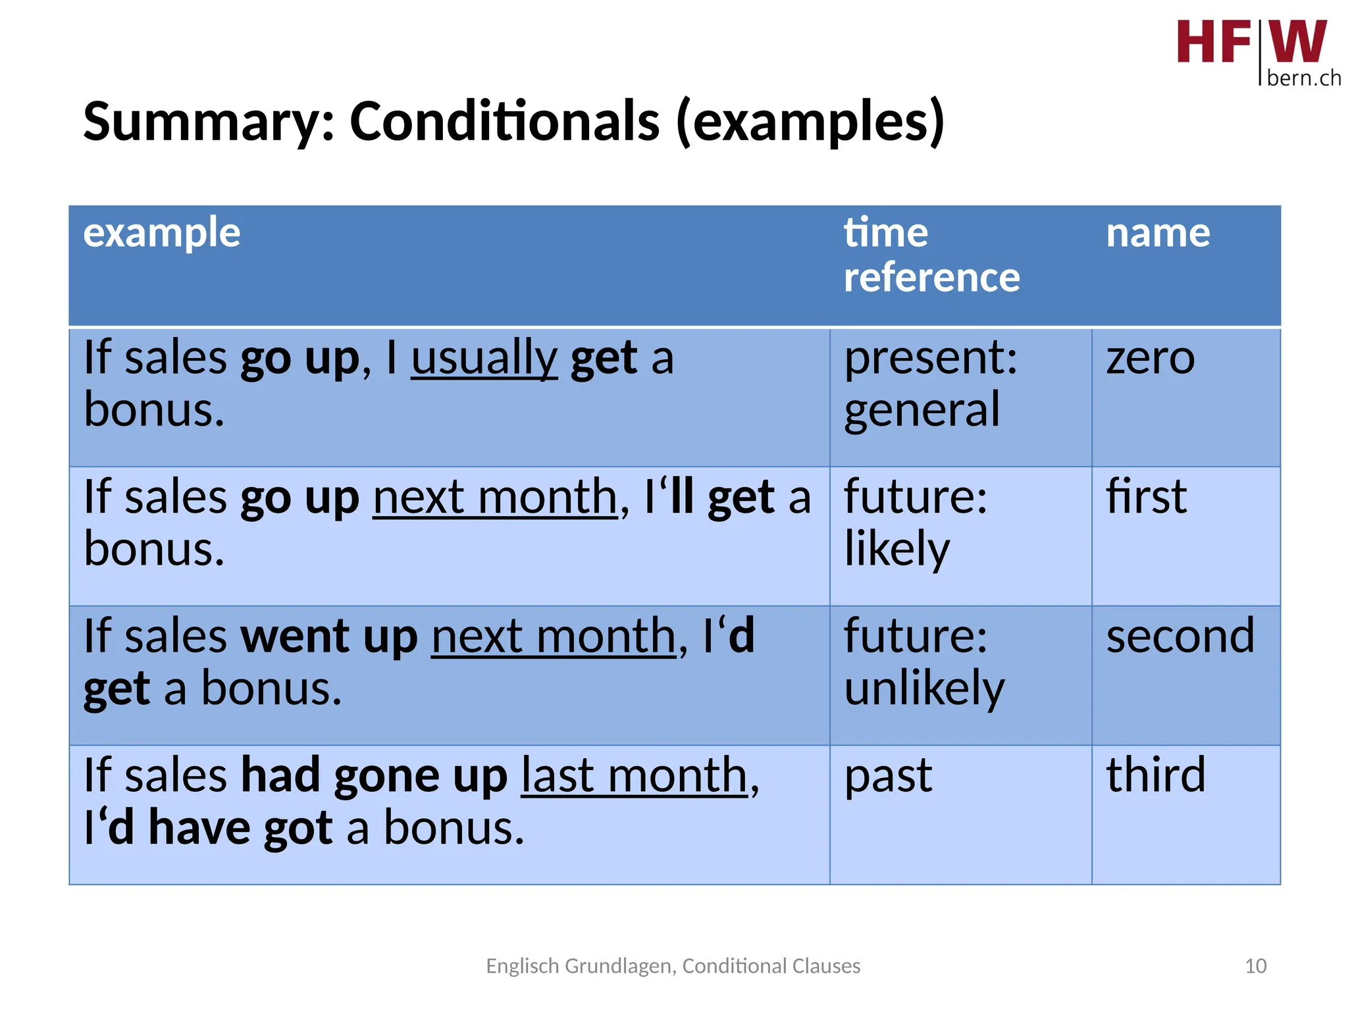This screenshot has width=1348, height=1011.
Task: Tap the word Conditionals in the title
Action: [504, 121]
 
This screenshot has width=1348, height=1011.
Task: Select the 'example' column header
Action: [162, 233]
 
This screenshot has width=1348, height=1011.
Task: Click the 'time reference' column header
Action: [931, 255]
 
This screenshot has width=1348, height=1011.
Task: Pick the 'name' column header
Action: [1157, 233]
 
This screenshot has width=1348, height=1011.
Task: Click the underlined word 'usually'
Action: [484, 358]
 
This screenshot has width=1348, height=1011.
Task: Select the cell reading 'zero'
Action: [1150, 359]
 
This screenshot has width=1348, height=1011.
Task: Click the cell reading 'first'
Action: [1146, 497]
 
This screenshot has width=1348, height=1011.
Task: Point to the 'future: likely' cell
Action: [916, 523]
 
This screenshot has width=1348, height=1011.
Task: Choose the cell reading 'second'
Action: [1180, 636]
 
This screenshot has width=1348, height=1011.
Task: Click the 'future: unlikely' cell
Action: [923, 662]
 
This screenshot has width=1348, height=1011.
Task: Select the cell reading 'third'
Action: [1155, 775]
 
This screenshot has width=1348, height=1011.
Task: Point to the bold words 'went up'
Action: [329, 636]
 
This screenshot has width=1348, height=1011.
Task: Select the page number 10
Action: [1255, 966]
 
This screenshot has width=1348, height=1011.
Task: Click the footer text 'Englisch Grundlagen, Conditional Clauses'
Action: [673, 966]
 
